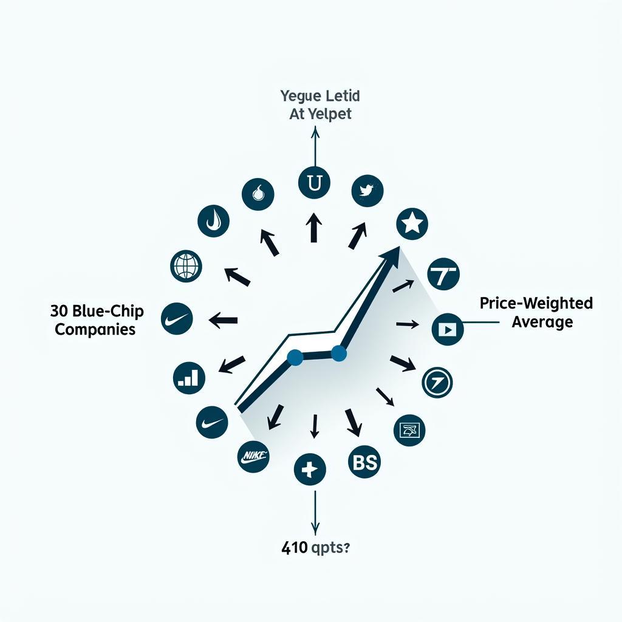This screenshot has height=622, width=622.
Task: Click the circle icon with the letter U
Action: [x=315, y=183]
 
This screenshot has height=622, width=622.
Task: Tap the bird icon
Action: [x=367, y=191]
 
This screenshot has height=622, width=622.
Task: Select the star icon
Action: [x=412, y=224]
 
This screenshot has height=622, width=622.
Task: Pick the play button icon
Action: [x=448, y=329]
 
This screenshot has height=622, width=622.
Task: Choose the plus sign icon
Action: [x=310, y=469]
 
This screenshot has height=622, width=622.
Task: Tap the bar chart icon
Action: [x=188, y=378]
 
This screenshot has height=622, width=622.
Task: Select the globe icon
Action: [x=186, y=265]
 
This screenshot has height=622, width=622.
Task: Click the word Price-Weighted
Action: [x=536, y=302]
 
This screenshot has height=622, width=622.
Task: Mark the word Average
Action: [x=542, y=321]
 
